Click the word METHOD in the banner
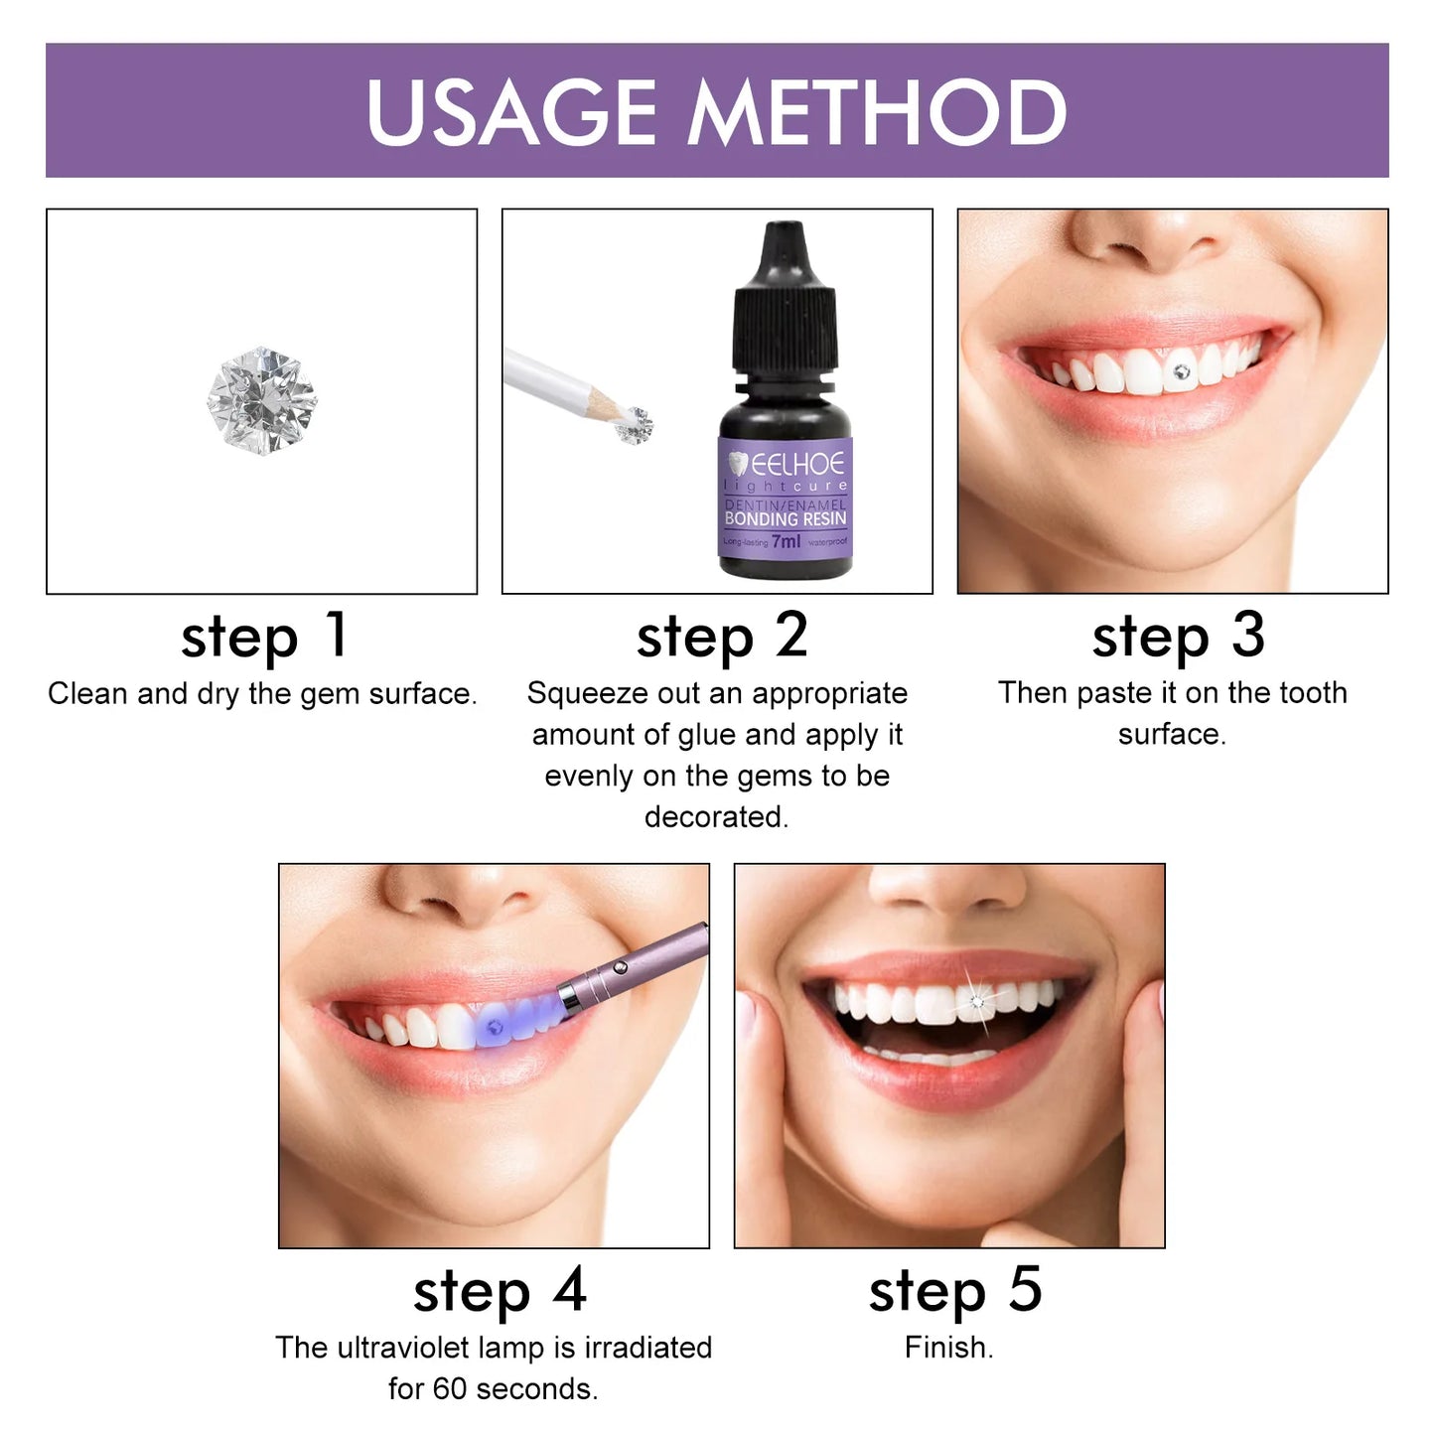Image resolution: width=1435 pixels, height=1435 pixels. point(877,111)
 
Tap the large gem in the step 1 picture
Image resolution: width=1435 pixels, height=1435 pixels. point(262,401)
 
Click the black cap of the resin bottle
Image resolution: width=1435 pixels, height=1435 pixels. point(784,298)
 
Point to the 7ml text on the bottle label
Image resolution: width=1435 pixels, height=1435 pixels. point(786,541)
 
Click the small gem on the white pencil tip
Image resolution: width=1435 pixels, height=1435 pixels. point(635,426)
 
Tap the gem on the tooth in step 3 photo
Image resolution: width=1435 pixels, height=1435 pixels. point(1181,372)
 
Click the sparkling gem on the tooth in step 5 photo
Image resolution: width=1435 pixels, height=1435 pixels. point(977,1001)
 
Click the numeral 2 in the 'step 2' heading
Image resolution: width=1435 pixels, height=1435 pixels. point(791,635)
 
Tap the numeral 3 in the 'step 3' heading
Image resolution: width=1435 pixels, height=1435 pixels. point(1248,635)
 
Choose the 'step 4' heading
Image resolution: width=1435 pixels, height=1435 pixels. point(500,1291)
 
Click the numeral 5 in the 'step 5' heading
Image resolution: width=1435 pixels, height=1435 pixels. point(1026,1290)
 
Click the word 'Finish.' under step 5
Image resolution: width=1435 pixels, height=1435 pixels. point(948,1348)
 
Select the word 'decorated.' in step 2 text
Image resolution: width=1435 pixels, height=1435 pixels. point(716,816)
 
